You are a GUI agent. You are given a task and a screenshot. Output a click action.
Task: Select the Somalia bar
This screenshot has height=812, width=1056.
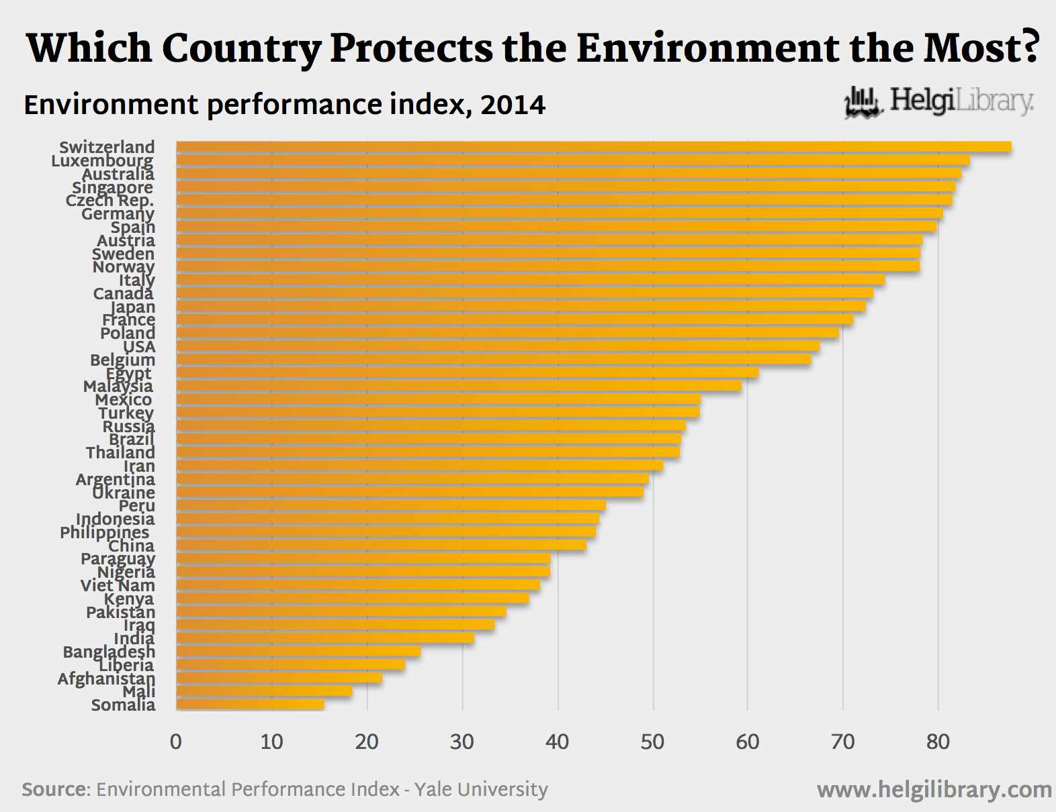point(250,704)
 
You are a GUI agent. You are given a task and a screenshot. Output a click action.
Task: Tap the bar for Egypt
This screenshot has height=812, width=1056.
point(467,372)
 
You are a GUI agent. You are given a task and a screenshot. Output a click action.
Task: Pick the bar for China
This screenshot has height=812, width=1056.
point(381,545)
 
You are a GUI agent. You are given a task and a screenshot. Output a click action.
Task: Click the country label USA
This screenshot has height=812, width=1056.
point(139,346)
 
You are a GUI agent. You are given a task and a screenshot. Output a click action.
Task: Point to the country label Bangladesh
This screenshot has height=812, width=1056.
point(109,652)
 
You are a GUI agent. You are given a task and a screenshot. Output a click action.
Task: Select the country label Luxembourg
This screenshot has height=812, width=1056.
point(102,160)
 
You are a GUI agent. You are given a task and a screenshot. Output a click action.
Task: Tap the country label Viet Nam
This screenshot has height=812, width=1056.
point(118,585)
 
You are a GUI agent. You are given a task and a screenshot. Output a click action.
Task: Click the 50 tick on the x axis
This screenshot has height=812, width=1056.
point(652,742)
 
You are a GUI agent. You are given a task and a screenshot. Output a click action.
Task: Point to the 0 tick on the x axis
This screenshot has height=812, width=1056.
point(176,742)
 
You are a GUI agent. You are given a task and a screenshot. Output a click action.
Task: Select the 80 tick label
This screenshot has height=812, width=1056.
point(938,742)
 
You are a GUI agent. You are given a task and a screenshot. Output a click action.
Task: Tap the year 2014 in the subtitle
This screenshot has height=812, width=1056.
point(513,105)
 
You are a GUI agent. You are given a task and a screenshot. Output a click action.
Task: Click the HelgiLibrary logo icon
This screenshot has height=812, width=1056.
point(863,103)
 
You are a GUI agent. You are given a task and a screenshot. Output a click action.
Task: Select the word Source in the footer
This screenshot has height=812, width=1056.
point(54,789)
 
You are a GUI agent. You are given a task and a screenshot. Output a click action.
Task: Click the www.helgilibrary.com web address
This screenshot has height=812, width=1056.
point(934,790)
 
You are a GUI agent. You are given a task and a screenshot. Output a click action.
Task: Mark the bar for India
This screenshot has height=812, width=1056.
point(324,638)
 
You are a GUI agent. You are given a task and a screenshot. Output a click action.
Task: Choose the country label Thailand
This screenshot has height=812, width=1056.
point(120,452)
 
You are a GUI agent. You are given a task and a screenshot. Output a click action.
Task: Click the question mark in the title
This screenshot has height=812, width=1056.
point(1026,48)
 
